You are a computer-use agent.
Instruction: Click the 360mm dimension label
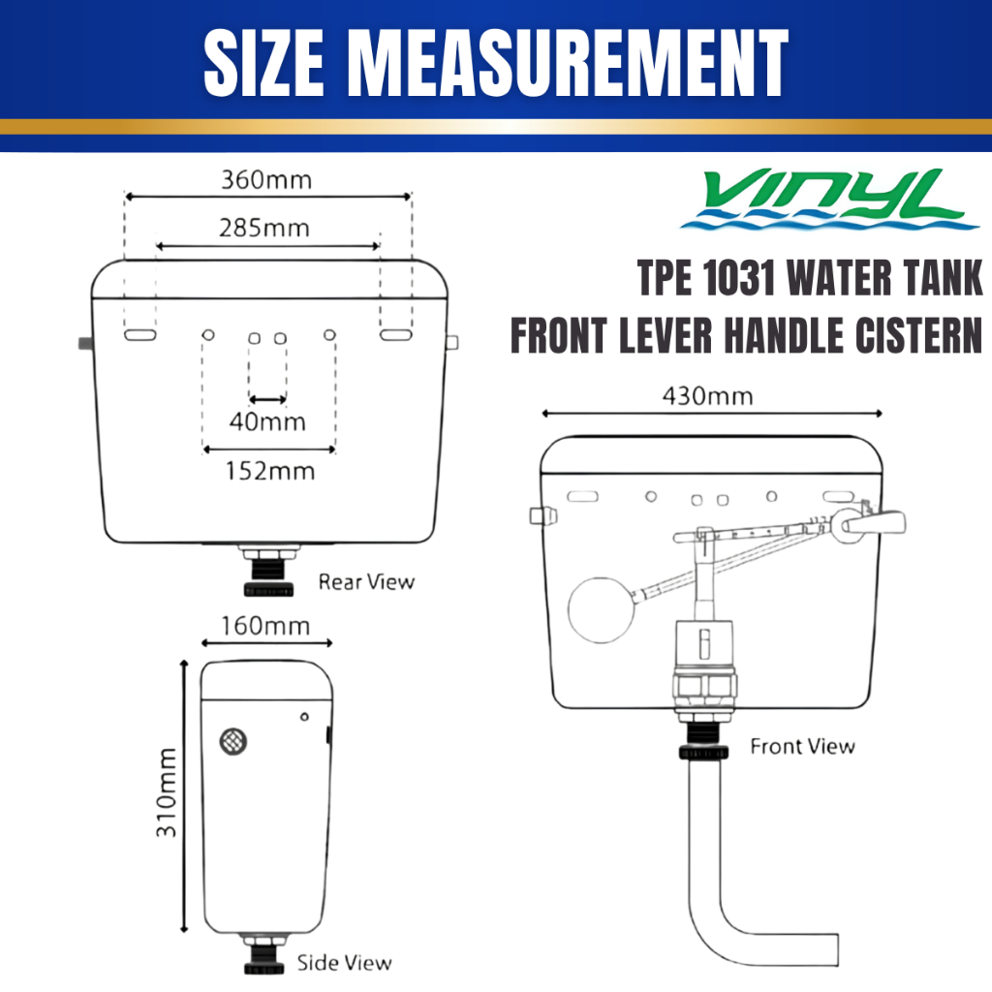pyautogui.click(x=266, y=180)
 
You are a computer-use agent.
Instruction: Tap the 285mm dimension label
pyautogui.click(x=264, y=228)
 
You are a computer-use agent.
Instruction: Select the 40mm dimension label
pyautogui.click(x=267, y=421)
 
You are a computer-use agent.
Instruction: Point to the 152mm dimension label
pyautogui.click(x=270, y=471)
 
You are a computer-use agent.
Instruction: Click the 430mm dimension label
pyautogui.click(x=708, y=396)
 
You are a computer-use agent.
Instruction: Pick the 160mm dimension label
pyautogui.click(x=265, y=627)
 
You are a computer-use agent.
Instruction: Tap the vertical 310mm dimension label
pyautogui.click(x=167, y=792)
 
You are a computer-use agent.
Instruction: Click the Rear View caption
pyautogui.click(x=366, y=581)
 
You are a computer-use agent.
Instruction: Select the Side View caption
pyautogui.click(x=345, y=963)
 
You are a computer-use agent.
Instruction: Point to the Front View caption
pyautogui.click(x=803, y=747)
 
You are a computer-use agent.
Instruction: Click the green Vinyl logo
pyautogui.click(x=829, y=198)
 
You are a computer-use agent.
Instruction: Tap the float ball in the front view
pyautogui.click(x=601, y=610)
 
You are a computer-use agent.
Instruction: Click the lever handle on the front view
pyautogui.click(x=876, y=522)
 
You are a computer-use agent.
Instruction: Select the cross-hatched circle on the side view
pyautogui.click(x=233, y=741)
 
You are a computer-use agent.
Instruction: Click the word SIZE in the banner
pyautogui.click(x=263, y=63)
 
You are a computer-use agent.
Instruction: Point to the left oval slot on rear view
pyautogui.click(x=139, y=335)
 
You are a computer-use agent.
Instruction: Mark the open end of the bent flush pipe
pyautogui.click(x=838, y=949)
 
